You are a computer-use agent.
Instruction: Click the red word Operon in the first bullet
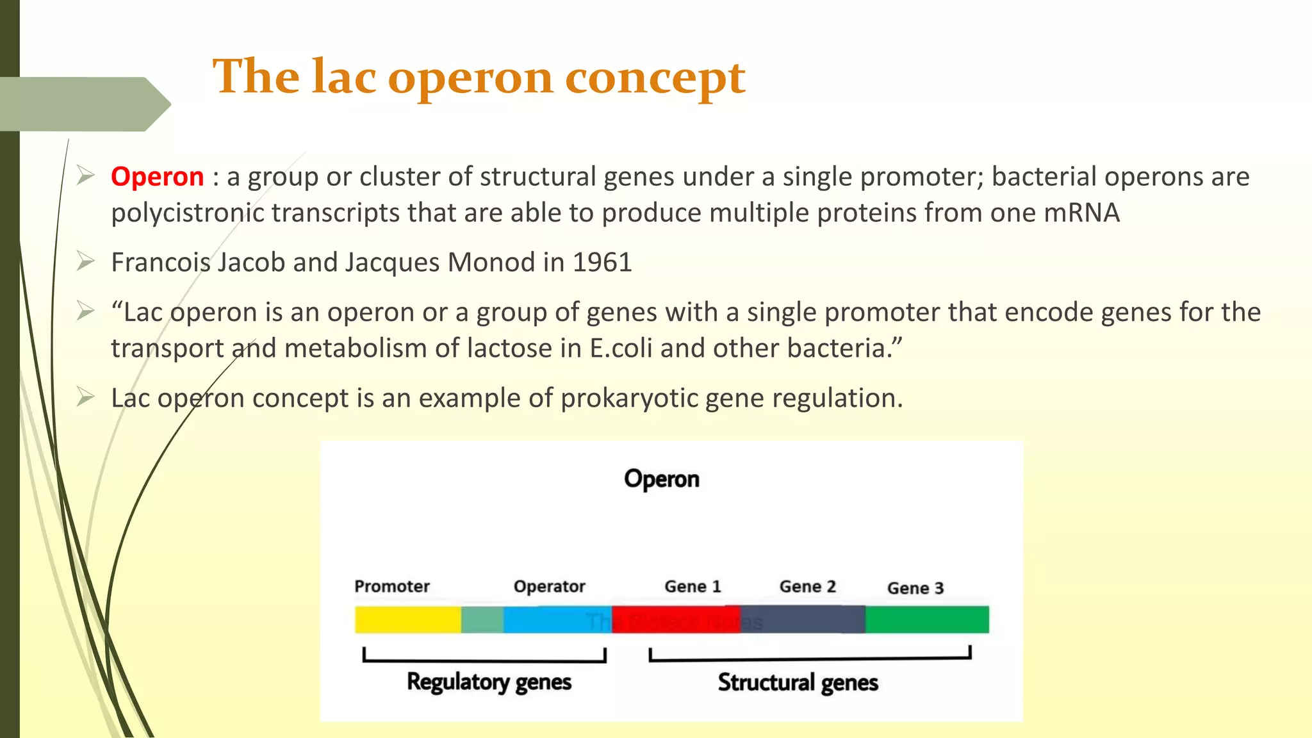(x=157, y=177)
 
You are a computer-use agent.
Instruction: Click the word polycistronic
(x=188, y=213)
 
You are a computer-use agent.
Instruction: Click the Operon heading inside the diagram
(x=661, y=479)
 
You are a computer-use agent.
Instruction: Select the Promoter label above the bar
(x=391, y=586)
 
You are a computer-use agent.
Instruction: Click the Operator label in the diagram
(x=549, y=586)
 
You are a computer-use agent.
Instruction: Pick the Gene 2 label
(x=807, y=586)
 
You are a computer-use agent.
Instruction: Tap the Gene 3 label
(x=915, y=588)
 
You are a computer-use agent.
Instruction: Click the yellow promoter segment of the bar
(x=407, y=619)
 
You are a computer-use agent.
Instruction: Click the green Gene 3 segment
(x=926, y=619)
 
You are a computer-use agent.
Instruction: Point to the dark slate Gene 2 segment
(x=802, y=619)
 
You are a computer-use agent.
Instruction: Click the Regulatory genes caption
(x=489, y=682)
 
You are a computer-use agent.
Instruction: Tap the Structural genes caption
(x=798, y=683)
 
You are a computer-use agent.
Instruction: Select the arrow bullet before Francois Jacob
(x=85, y=261)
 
